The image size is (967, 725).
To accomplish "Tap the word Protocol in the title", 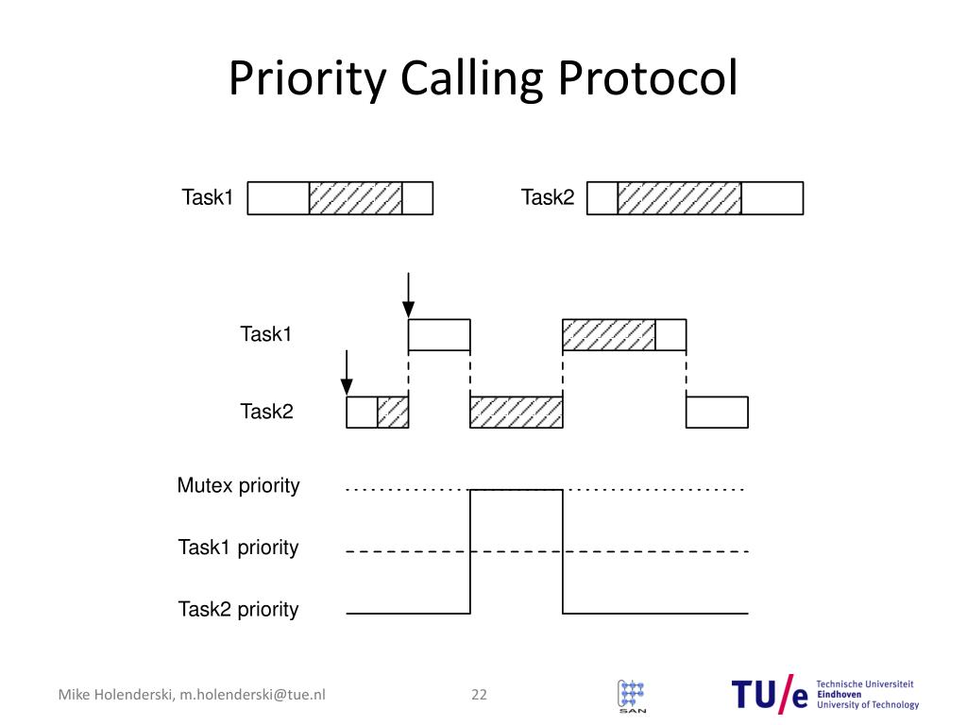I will click(x=647, y=79).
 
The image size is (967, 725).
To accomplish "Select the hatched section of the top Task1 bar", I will click(x=355, y=198).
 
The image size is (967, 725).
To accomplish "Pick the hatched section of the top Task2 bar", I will click(x=679, y=198).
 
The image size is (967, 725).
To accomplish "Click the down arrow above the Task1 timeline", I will click(x=408, y=295).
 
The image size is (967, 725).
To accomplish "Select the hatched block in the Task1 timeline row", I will click(x=608, y=335).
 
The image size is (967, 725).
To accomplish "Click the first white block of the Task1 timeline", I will click(x=439, y=335).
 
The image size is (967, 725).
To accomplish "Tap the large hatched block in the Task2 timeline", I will click(x=516, y=413).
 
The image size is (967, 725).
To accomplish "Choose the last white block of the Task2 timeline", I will click(x=717, y=413).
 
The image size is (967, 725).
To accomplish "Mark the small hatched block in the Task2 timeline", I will click(x=393, y=413).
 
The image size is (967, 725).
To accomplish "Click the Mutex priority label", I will click(x=238, y=486).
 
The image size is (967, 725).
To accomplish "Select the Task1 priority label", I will click(x=238, y=548).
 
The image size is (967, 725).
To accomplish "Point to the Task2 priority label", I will click(x=238, y=609).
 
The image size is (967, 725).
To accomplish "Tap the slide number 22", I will click(x=479, y=695).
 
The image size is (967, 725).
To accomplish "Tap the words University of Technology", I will click(x=867, y=704).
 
